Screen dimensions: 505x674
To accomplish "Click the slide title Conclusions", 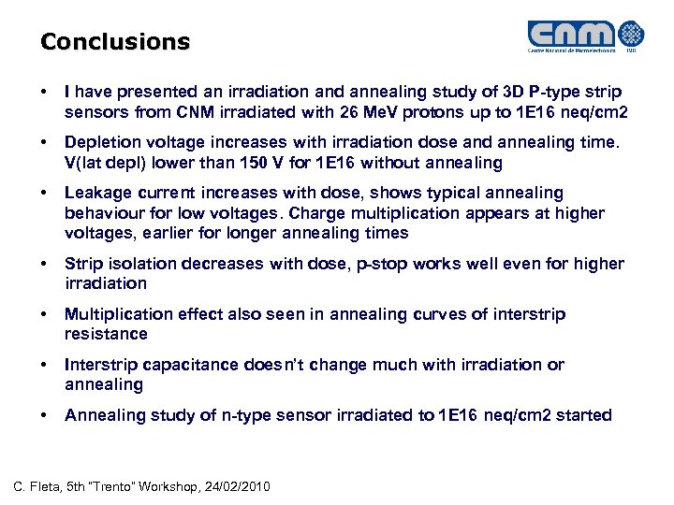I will [x=114, y=42].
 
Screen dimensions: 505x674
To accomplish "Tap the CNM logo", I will [x=586, y=36].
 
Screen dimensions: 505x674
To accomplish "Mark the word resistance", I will [x=107, y=334].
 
